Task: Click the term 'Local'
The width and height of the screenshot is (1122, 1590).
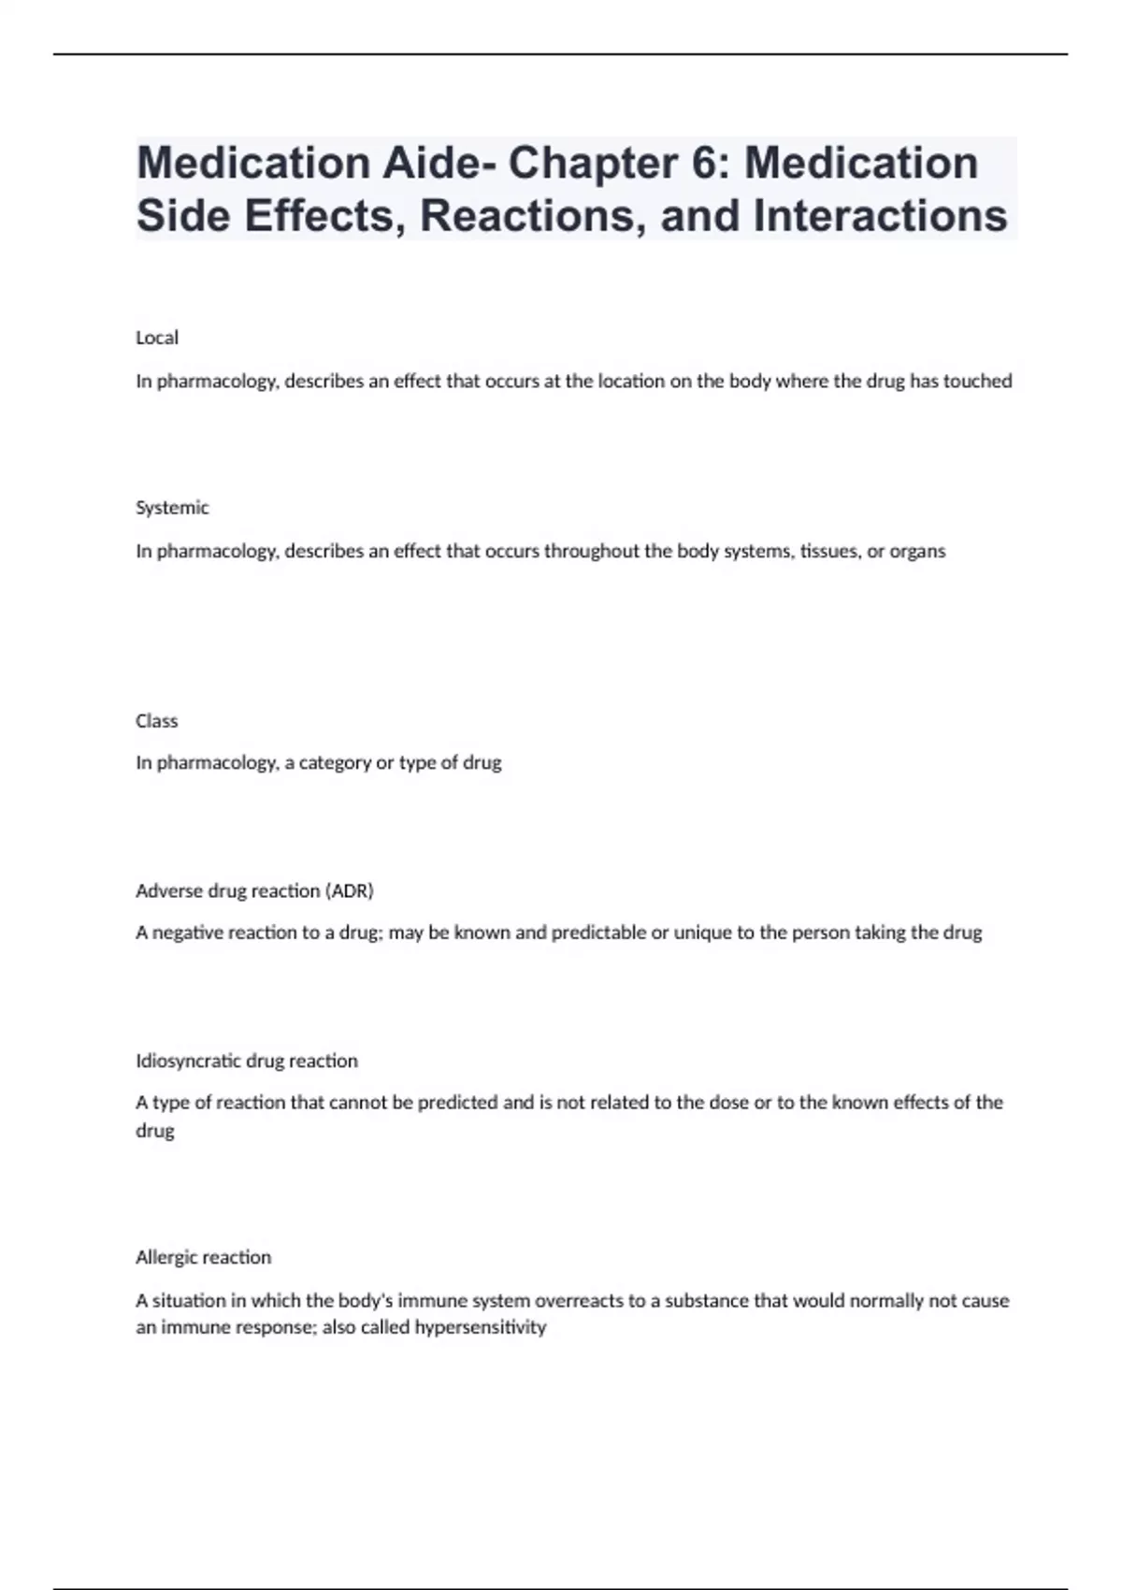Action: [157, 338]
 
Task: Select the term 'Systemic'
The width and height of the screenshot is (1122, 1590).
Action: [172, 508]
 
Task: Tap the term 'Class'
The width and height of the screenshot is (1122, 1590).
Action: [156, 721]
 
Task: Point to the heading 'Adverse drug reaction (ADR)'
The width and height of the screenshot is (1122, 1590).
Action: [254, 891]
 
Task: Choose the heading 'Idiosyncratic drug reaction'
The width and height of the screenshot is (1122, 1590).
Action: [247, 1061]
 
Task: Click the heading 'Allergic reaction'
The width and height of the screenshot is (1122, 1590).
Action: [203, 1257]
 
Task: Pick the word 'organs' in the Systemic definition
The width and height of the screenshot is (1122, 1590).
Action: [918, 551]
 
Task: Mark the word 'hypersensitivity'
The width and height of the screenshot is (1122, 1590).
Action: [481, 1327]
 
